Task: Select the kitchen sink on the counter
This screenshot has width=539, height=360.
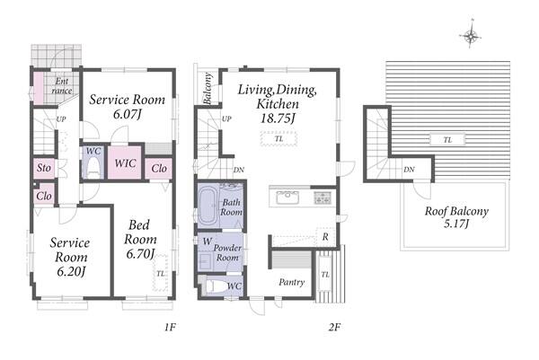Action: coord(287,198)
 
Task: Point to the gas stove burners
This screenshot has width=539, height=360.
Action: coord(323,198)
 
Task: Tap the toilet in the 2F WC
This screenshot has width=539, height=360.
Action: coord(215,285)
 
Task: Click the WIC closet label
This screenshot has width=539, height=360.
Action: coord(125,162)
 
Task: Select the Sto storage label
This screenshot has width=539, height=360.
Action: coord(44,168)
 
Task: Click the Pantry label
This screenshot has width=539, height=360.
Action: coord(291,283)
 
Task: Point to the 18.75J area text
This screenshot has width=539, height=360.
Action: coord(278,119)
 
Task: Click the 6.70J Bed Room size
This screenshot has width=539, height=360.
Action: coord(140,254)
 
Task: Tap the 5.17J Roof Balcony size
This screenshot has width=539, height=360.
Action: coord(456,224)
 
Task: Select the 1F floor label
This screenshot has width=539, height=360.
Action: coord(170,327)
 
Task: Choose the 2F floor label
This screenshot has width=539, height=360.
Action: coord(334,327)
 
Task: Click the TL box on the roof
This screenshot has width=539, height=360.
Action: coord(447,140)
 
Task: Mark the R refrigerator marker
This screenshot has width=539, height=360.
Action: coord(325,237)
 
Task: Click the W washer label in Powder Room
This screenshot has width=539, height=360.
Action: coord(207,241)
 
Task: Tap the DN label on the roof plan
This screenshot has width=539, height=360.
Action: coord(409,170)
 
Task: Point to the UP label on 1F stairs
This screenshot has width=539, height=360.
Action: coord(61,119)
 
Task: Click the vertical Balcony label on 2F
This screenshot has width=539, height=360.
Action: coord(208,88)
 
